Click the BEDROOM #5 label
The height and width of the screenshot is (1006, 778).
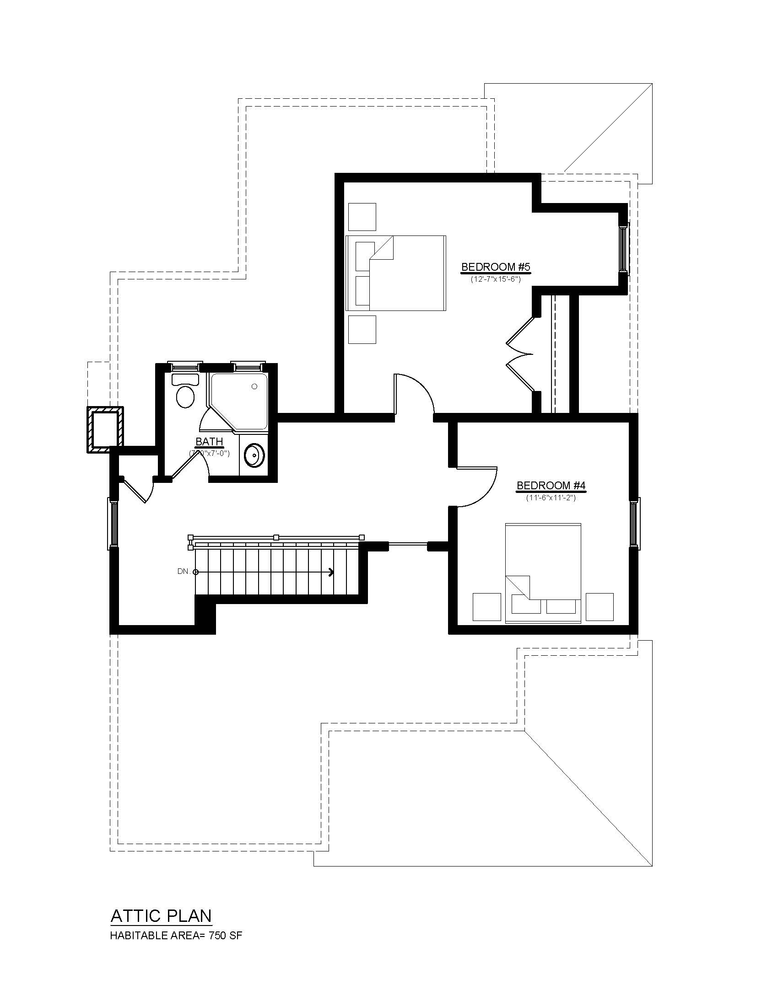(x=496, y=267)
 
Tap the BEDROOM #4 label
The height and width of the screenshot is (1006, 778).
(x=551, y=486)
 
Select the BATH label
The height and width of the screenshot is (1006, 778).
(x=209, y=442)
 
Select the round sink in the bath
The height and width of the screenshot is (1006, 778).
(x=253, y=455)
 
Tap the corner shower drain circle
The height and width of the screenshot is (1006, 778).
(x=254, y=386)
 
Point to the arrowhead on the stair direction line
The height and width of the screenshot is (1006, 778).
(x=331, y=572)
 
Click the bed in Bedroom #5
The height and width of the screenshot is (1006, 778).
(x=396, y=273)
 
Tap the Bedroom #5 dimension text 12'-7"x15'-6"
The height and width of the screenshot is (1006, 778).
(x=496, y=279)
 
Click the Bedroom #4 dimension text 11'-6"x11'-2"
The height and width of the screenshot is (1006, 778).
(x=551, y=498)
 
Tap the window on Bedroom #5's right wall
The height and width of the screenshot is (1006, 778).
(x=623, y=249)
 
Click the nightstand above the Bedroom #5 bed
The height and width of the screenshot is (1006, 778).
(x=362, y=216)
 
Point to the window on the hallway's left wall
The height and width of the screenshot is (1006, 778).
(x=113, y=523)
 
